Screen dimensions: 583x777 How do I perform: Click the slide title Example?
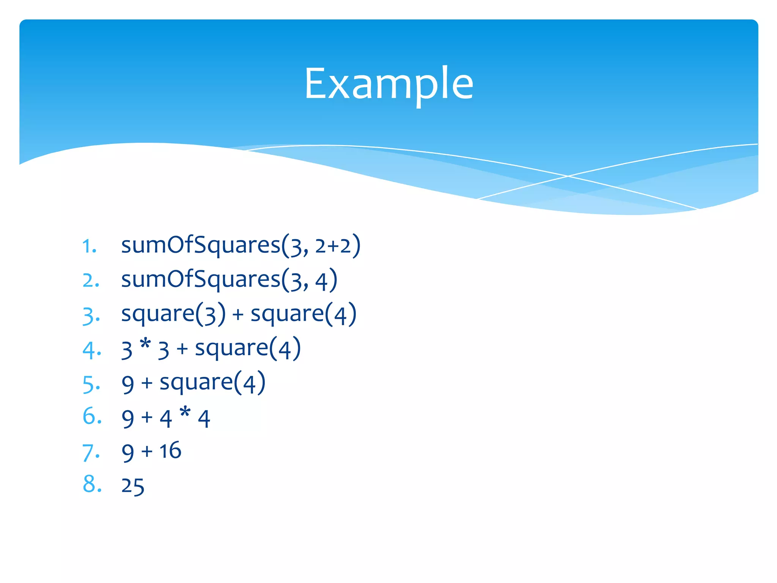pyautogui.click(x=388, y=84)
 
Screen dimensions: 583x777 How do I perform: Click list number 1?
pyautogui.click(x=90, y=246)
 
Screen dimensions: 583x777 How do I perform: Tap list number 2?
pyautogui.click(x=91, y=280)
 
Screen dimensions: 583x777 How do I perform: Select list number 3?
pyautogui.click(x=91, y=315)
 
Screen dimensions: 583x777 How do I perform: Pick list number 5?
pyautogui.click(x=91, y=384)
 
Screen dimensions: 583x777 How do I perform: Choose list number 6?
pyautogui.click(x=92, y=416)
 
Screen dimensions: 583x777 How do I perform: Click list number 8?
pyautogui.click(x=92, y=484)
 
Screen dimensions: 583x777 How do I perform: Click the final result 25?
pyautogui.click(x=133, y=486)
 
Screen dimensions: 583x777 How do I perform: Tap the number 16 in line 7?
pyautogui.click(x=170, y=451)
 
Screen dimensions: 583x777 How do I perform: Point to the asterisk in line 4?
pyautogui.click(x=145, y=345)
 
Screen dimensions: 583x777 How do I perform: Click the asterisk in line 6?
pyautogui.click(x=185, y=412)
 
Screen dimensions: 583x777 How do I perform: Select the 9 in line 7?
pyautogui.click(x=128, y=452)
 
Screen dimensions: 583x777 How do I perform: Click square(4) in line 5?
pyautogui.click(x=212, y=383)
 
